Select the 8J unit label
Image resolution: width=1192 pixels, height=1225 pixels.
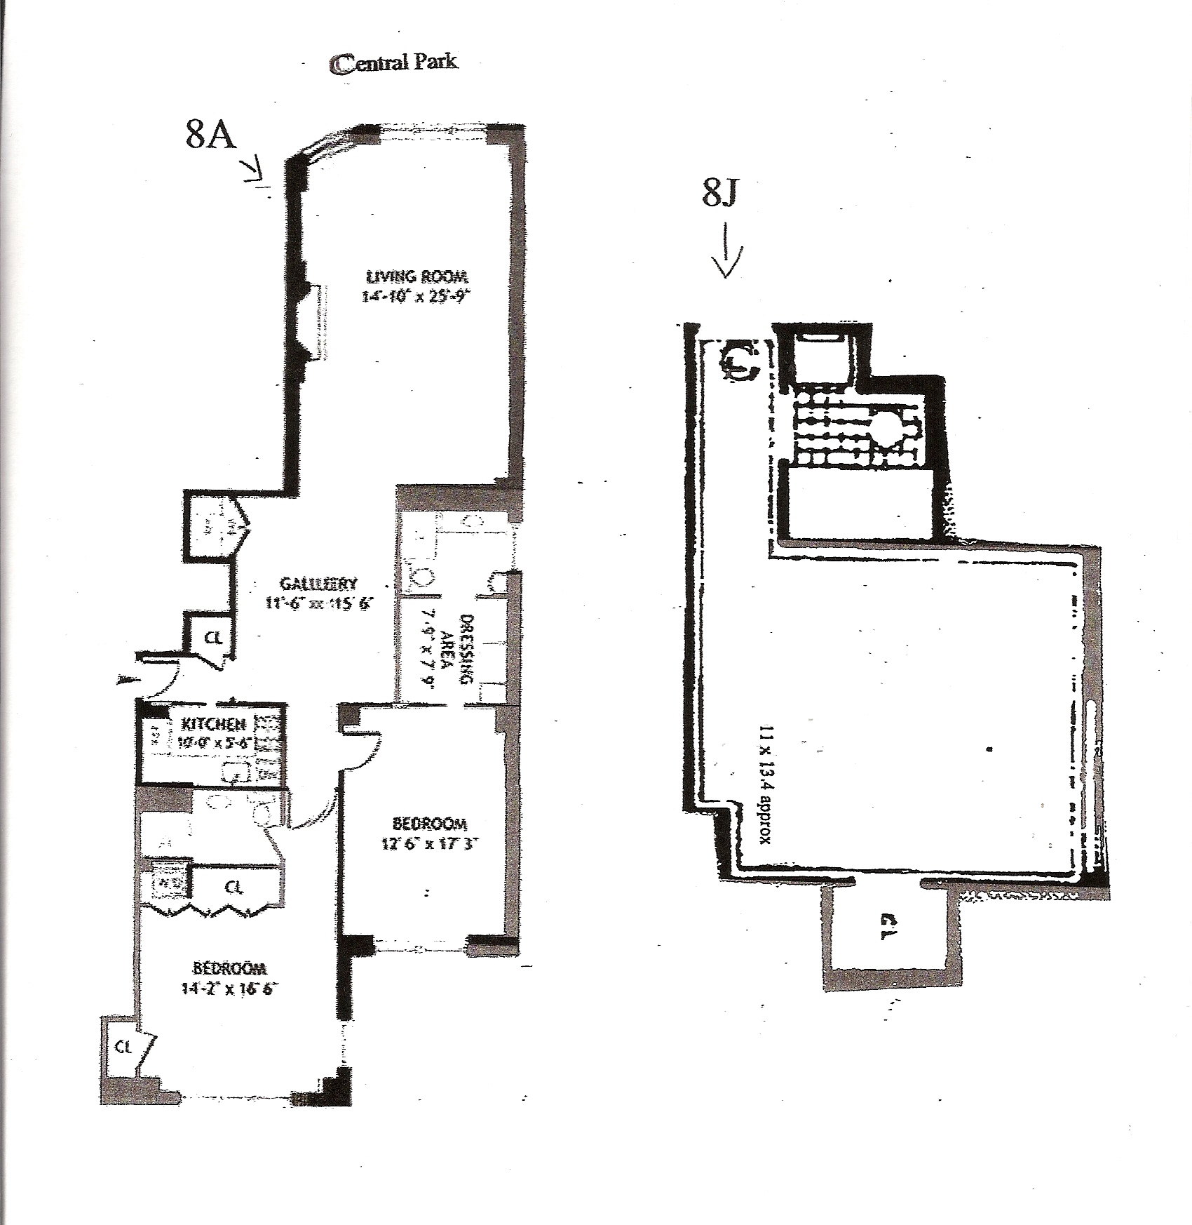click(720, 193)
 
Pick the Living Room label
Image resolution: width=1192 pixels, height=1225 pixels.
click(417, 276)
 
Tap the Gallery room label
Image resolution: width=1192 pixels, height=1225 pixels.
click(319, 583)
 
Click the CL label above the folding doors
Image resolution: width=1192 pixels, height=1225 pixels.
click(234, 888)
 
